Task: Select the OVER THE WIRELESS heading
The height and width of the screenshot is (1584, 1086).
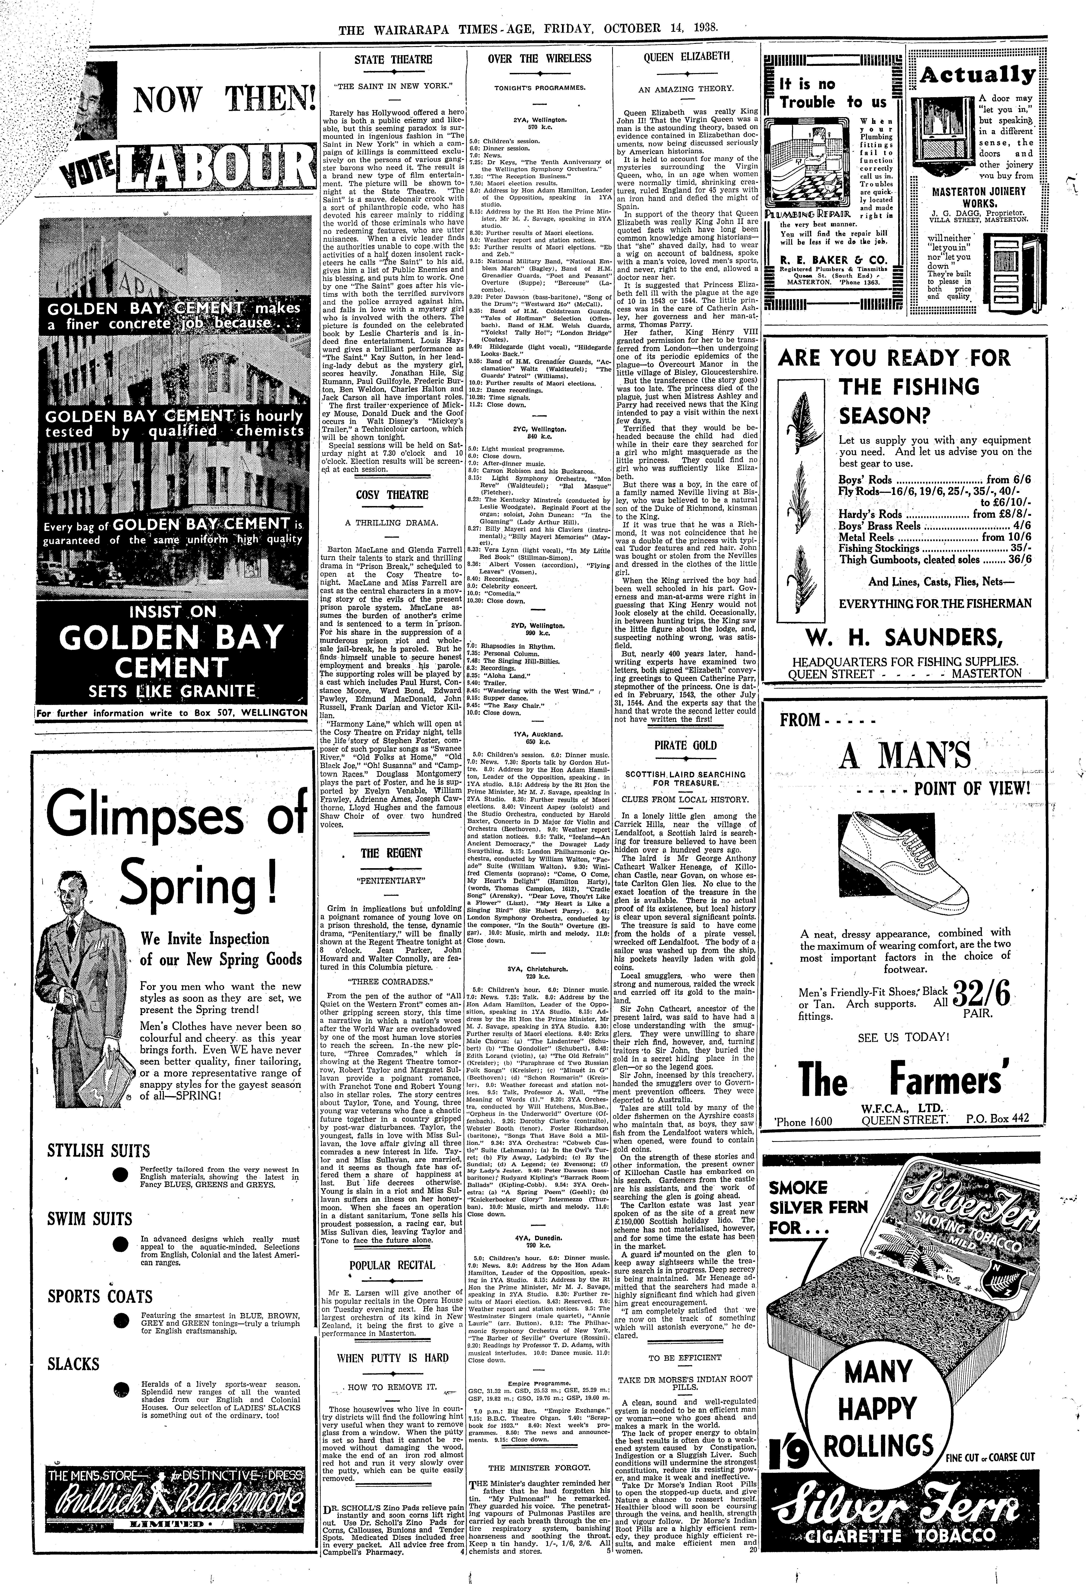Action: coord(539,59)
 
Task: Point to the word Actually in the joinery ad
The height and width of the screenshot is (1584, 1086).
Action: coord(977,74)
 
